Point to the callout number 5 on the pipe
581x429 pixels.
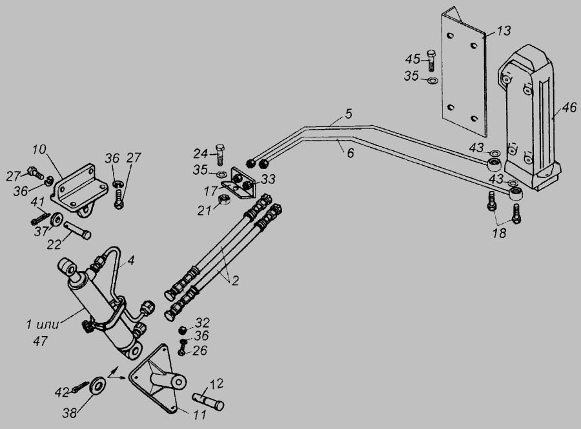[x=348, y=114]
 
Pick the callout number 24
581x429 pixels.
[x=201, y=153]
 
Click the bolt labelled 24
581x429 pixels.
[x=221, y=153]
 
